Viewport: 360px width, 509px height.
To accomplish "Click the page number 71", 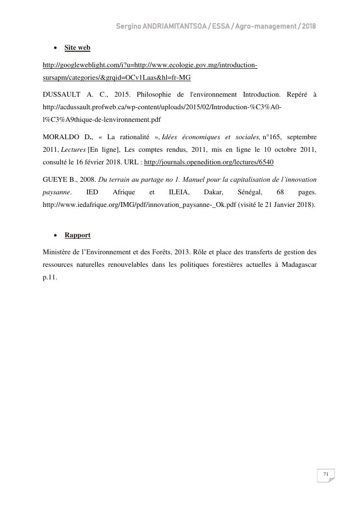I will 326,474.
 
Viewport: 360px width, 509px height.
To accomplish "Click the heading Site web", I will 77,48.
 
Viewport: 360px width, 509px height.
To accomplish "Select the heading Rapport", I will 77,235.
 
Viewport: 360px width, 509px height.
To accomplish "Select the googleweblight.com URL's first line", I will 150,65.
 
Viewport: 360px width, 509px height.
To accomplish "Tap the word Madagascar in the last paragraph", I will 299,265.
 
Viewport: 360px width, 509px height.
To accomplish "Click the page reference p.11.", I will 50,277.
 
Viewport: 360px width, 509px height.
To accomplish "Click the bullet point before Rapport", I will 56,235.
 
